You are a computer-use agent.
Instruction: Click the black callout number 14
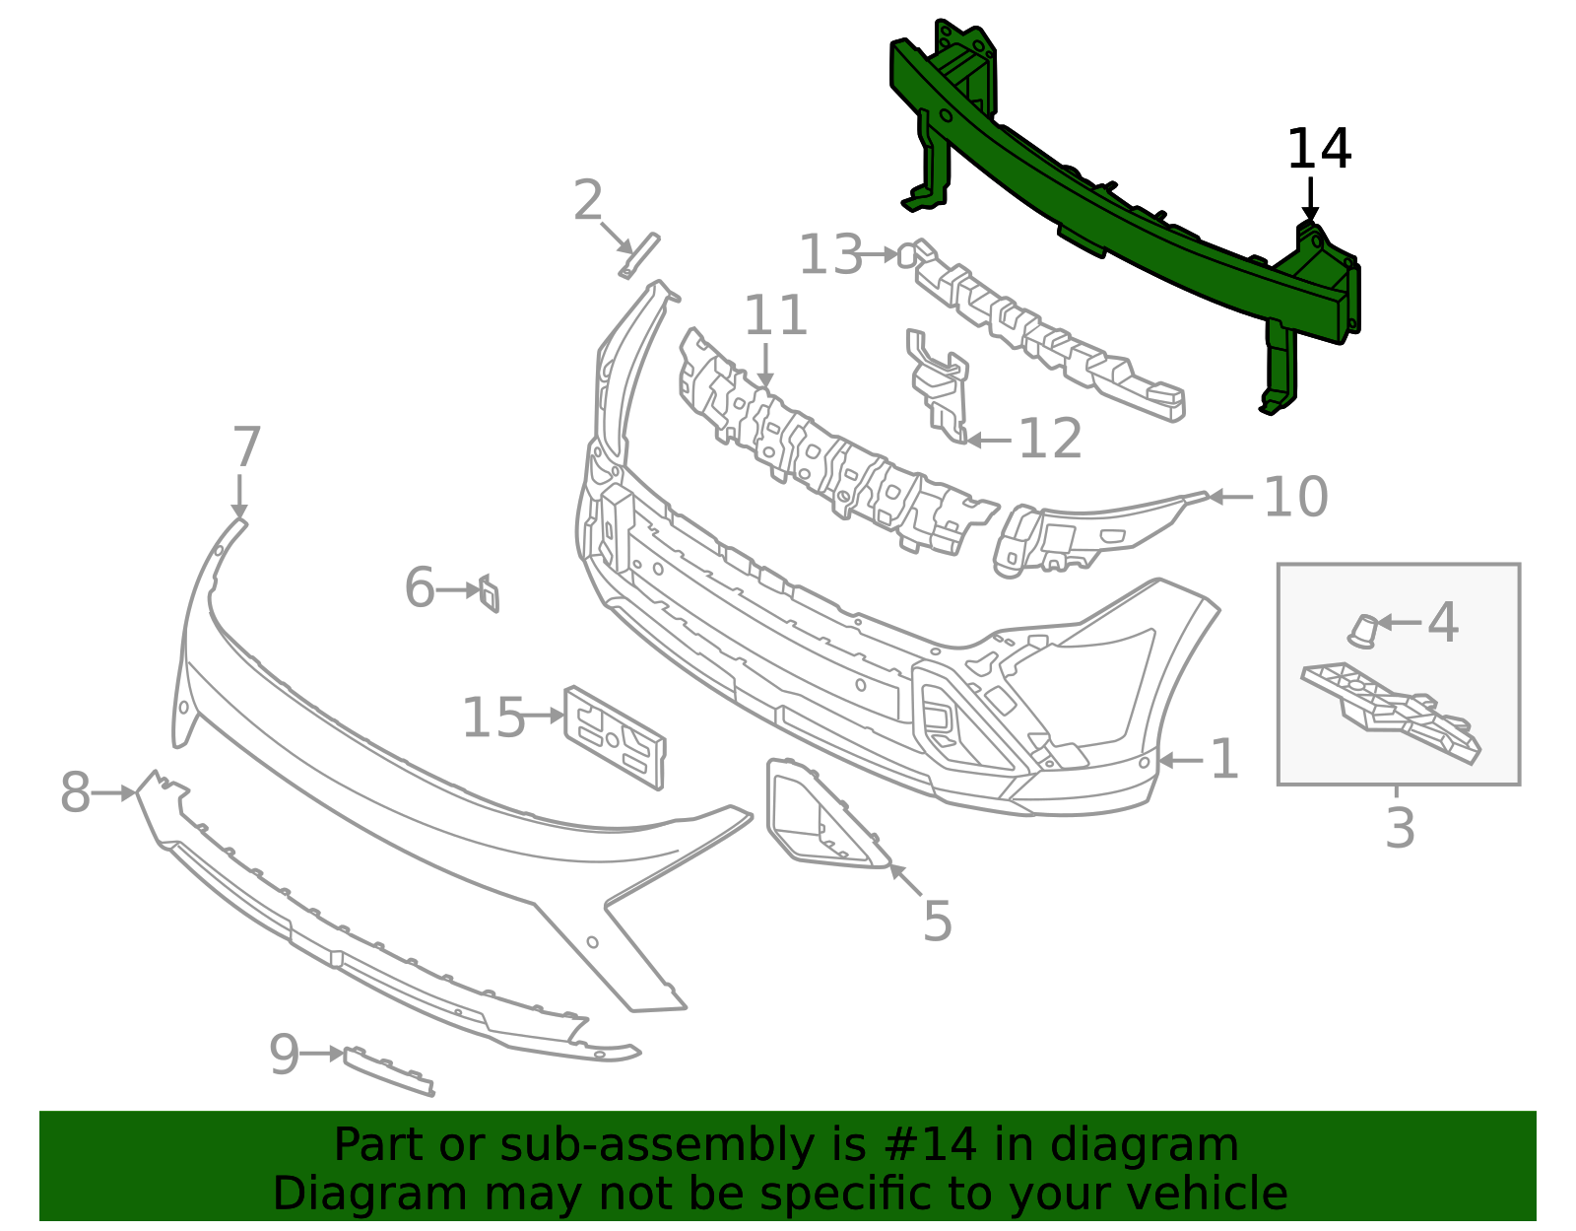click(1318, 149)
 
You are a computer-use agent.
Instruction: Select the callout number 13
click(830, 254)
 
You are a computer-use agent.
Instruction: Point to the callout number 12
click(1050, 439)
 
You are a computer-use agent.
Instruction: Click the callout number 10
click(1295, 497)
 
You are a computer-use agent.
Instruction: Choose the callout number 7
click(246, 446)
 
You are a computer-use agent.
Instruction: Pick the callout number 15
click(493, 717)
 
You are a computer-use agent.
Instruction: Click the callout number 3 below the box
click(1399, 828)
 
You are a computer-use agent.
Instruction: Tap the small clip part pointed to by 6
click(490, 593)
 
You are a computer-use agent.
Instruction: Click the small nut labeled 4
click(1363, 631)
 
